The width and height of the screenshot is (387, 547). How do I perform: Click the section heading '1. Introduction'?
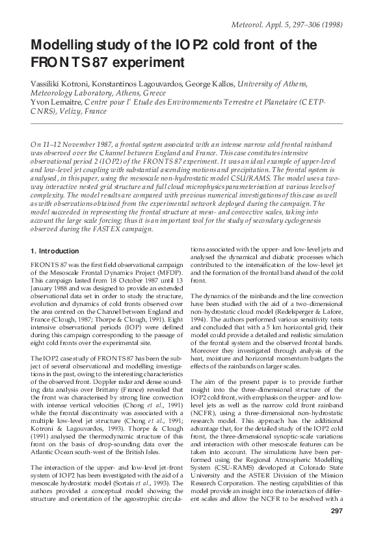[55, 251]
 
